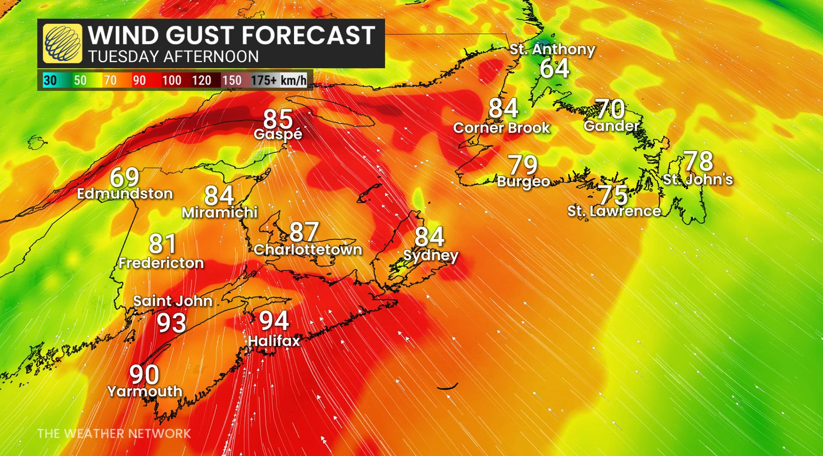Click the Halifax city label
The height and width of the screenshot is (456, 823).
pyautogui.click(x=274, y=341)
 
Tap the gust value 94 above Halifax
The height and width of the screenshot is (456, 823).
pyautogui.click(x=274, y=320)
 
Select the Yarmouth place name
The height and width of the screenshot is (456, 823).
pyautogui.click(x=145, y=392)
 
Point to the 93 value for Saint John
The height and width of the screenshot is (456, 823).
pyautogui.click(x=172, y=323)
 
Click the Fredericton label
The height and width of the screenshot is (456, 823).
pyautogui.click(x=161, y=263)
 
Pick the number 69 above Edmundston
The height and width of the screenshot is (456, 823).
pyautogui.click(x=124, y=177)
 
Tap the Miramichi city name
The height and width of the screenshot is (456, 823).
pyautogui.click(x=219, y=212)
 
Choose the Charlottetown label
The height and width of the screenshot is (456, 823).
pyautogui.click(x=307, y=250)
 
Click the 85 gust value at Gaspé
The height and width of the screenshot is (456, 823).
pyautogui.click(x=278, y=119)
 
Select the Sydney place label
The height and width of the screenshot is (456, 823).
pyautogui.click(x=430, y=256)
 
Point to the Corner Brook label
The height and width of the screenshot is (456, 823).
pyautogui.click(x=501, y=128)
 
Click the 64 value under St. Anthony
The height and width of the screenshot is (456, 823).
pyautogui.click(x=554, y=69)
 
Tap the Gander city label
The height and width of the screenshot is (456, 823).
pyautogui.click(x=611, y=126)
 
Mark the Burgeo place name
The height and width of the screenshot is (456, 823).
pyautogui.click(x=523, y=181)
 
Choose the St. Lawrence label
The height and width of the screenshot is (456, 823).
pyautogui.click(x=614, y=212)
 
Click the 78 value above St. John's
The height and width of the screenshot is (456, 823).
pyautogui.click(x=698, y=161)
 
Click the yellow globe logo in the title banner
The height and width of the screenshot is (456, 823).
pyautogui.click(x=62, y=44)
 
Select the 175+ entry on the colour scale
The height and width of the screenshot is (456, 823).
pyautogui.click(x=264, y=81)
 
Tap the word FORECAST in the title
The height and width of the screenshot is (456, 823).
pyautogui.click(x=308, y=35)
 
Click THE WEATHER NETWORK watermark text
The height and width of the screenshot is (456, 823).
pyautogui.click(x=114, y=434)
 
